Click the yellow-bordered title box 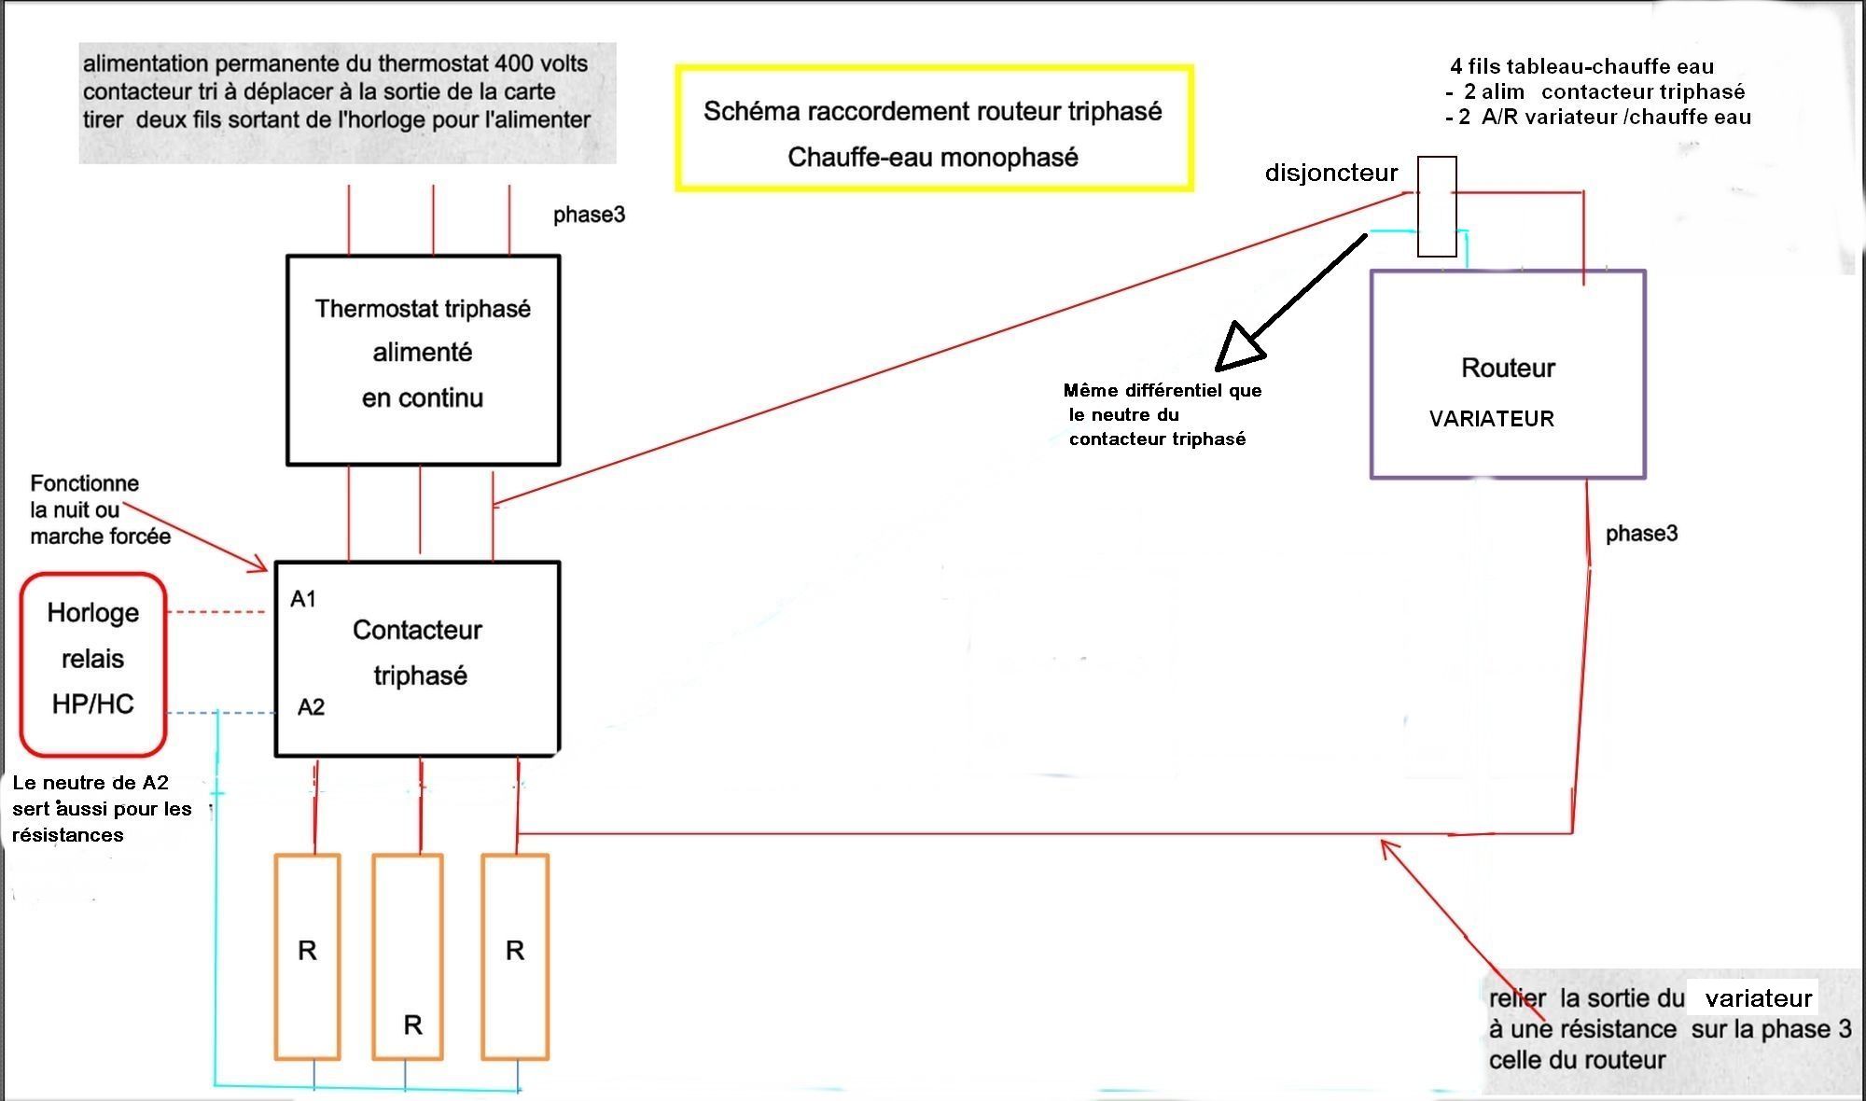(x=934, y=65)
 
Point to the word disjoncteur (x=1331, y=173)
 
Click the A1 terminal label (x=303, y=599)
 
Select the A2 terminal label (x=311, y=707)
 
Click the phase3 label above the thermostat (x=589, y=215)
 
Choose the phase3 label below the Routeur (x=1641, y=534)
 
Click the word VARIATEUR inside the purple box (x=1491, y=419)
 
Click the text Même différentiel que (x=1163, y=390)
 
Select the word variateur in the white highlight (x=1758, y=998)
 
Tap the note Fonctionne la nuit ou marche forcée (x=100, y=509)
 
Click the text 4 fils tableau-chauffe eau (x=1581, y=66)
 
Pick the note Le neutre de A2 (x=90, y=783)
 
